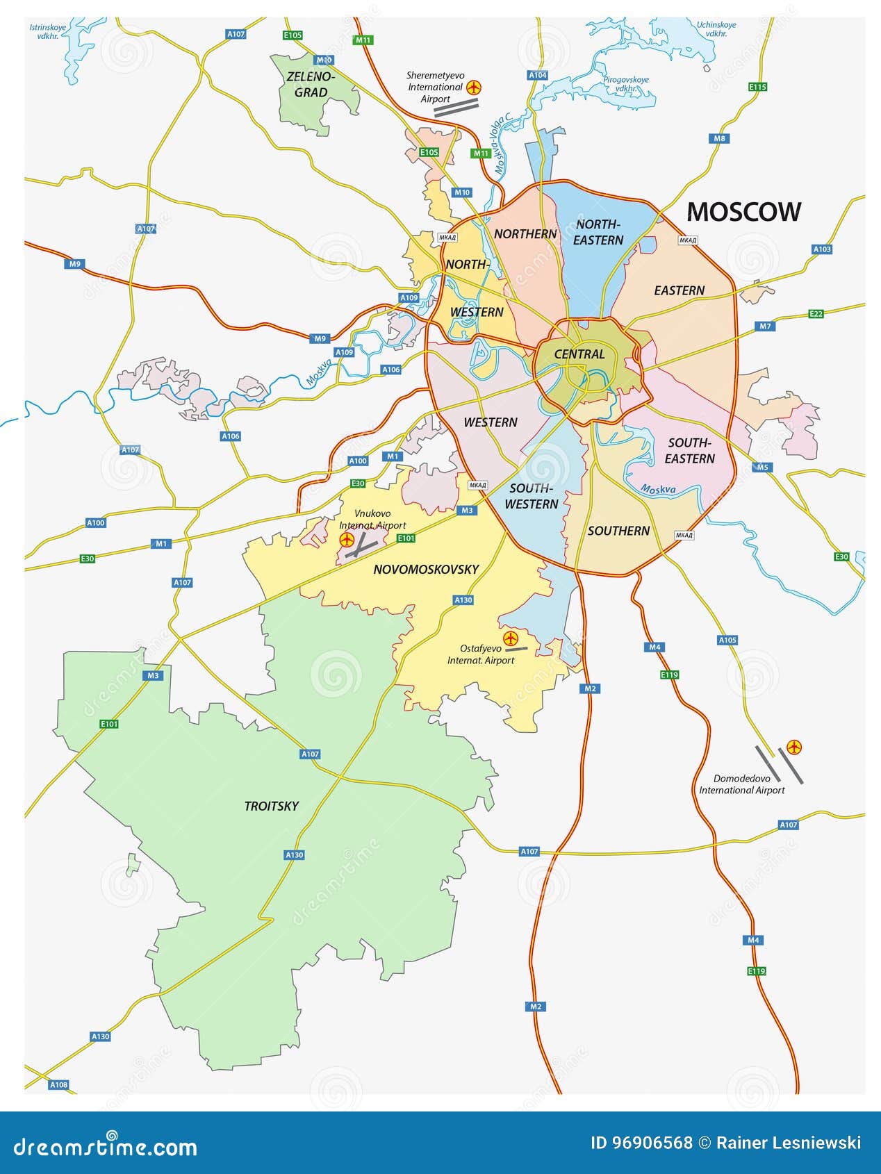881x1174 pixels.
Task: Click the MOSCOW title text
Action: pyautogui.click(x=743, y=212)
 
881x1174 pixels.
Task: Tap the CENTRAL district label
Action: pyautogui.click(x=579, y=354)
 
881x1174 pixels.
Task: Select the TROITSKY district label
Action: pyautogui.click(x=271, y=806)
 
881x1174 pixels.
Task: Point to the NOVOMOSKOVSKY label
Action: pyautogui.click(x=426, y=570)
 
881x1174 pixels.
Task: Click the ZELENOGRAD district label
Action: pyautogui.click(x=310, y=85)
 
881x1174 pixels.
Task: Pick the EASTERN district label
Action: pyautogui.click(x=679, y=290)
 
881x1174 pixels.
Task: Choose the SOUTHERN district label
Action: pyautogui.click(x=618, y=531)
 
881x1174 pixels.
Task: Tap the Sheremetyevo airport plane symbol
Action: pyautogui.click(x=474, y=88)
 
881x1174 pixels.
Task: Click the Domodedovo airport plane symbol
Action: pyautogui.click(x=794, y=747)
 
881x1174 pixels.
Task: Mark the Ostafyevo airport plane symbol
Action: pyautogui.click(x=511, y=638)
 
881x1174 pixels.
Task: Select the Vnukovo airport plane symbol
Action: pyautogui.click(x=347, y=540)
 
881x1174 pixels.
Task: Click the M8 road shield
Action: pyautogui.click(x=720, y=138)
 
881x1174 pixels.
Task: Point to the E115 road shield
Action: pyautogui.click(x=757, y=87)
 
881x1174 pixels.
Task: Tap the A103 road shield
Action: pyautogui.click(x=822, y=249)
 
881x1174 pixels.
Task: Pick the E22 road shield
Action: pyautogui.click(x=816, y=314)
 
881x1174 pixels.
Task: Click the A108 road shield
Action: pyautogui.click(x=59, y=1084)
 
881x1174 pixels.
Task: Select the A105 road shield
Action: pyautogui.click(x=727, y=640)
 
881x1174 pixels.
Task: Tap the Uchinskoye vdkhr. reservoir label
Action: pyautogui.click(x=716, y=28)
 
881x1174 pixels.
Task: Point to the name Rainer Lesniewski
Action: pyautogui.click(x=789, y=1143)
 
